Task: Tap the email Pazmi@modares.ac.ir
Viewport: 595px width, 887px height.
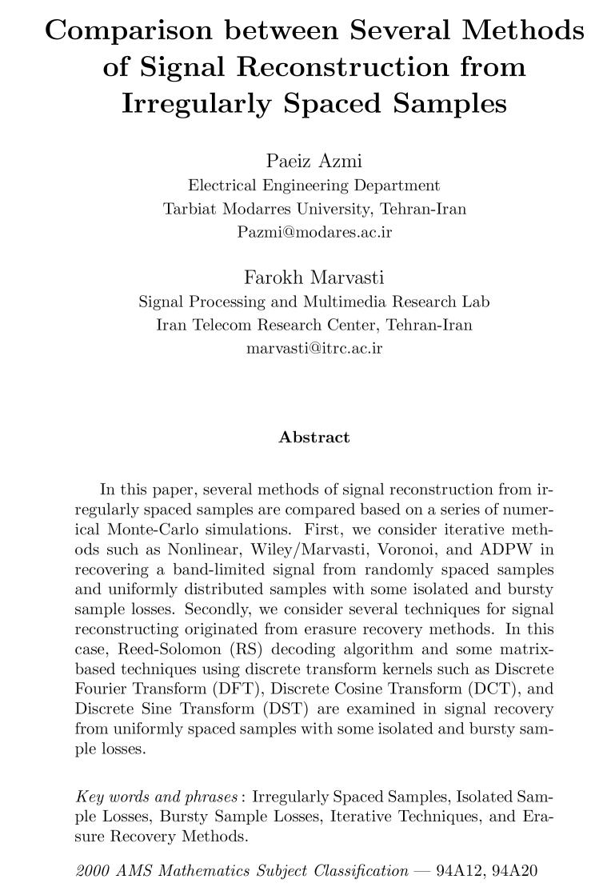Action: coord(314,232)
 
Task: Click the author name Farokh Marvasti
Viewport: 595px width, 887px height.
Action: coord(313,278)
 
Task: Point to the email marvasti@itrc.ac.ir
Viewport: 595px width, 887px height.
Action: coord(314,348)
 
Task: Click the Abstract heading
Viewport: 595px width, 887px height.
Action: coord(313,438)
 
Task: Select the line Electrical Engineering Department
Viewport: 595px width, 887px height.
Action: coord(313,186)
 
